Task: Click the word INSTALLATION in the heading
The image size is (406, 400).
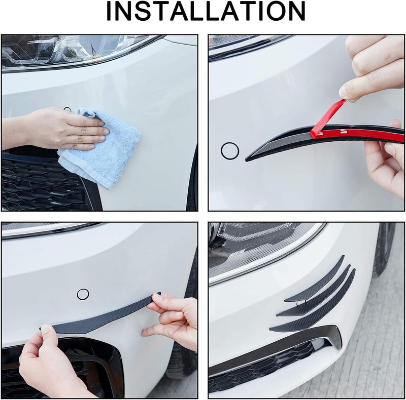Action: coord(206,11)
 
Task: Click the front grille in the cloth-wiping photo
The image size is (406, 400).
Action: coord(44,183)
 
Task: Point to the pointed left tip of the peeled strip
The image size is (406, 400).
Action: coord(246,160)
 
